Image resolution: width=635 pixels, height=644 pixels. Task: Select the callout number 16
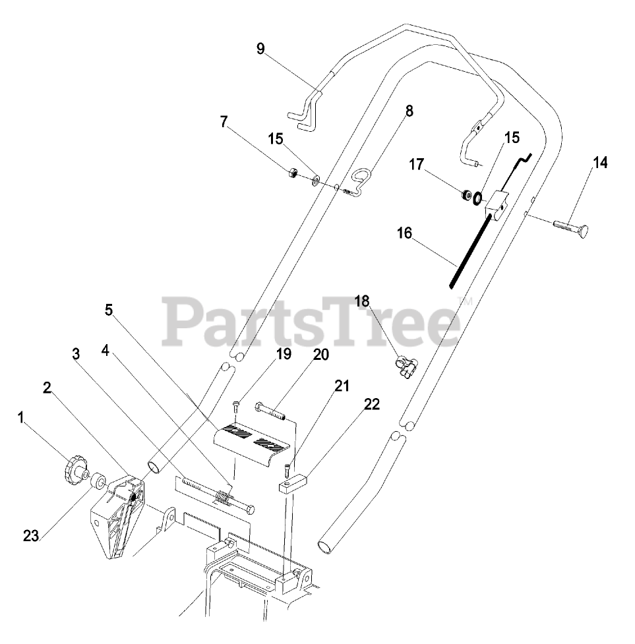click(x=404, y=232)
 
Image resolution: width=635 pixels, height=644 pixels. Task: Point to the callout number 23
click(x=30, y=537)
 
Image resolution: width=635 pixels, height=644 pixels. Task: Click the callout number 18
click(x=362, y=302)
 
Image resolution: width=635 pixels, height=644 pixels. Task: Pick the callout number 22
click(x=372, y=405)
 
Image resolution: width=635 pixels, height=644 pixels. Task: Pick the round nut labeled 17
click(x=466, y=195)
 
